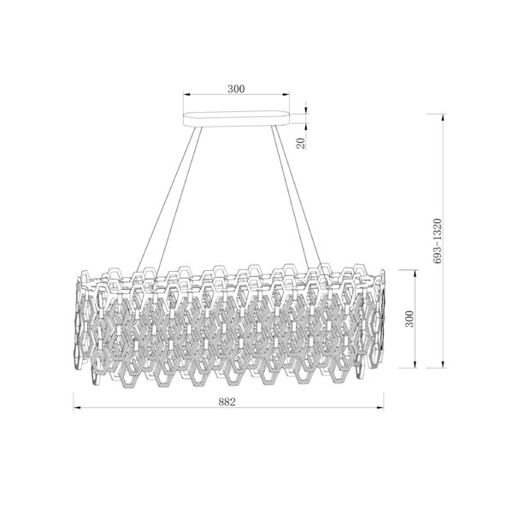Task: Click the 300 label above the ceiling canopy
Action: point(236,89)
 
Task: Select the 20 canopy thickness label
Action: point(301,143)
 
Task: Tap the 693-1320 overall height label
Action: point(437,241)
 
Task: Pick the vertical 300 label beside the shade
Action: point(410,319)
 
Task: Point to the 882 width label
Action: point(227,402)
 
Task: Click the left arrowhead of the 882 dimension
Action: point(77,408)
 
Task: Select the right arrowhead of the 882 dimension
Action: point(380,408)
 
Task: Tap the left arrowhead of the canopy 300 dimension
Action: point(186,95)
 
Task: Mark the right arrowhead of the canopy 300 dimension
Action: point(286,95)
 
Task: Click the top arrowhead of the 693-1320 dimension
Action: point(443,118)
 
